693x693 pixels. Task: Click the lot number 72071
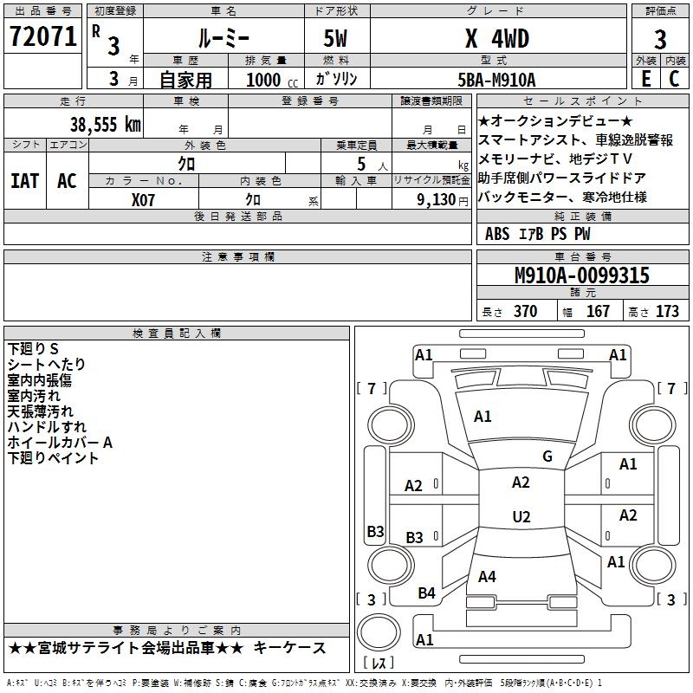tap(43, 36)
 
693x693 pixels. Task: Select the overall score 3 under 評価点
tap(660, 40)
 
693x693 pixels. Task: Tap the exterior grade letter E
tap(646, 79)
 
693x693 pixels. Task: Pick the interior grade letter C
tap(674, 79)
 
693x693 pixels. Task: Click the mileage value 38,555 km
tap(106, 125)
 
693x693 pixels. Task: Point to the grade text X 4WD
tap(497, 38)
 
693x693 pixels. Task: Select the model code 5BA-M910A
tap(496, 80)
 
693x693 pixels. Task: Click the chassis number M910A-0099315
tap(582, 275)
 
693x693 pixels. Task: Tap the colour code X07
tap(143, 200)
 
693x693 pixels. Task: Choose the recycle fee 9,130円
tap(443, 200)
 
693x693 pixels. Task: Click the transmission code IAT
tap(25, 181)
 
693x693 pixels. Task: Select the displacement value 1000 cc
tap(272, 80)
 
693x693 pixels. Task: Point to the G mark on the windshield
tap(547, 457)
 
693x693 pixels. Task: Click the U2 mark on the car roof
tap(521, 516)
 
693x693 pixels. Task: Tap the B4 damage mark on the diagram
tap(426, 593)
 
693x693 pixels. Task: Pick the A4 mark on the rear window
tap(487, 576)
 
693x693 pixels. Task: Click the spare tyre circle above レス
tap(379, 632)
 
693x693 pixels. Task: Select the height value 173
tap(667, 311)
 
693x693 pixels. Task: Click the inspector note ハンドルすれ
tap(47, 427)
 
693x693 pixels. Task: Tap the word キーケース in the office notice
tap(289, 648)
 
